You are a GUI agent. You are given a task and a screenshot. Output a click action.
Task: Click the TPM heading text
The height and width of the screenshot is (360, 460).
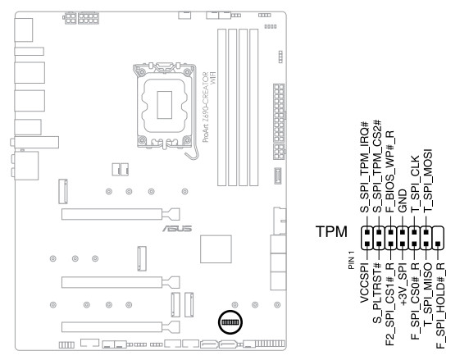coord(331,231)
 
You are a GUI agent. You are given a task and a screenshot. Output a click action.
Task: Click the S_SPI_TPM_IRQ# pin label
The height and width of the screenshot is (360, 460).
coord(364,167)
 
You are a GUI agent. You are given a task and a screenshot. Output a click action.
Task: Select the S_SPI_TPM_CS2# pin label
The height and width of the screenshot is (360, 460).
coord(377,166)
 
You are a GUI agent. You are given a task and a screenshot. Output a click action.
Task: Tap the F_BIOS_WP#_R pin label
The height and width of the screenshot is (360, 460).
coord(389,171)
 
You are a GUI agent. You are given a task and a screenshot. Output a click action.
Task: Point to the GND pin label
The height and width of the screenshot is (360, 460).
coord(403,201)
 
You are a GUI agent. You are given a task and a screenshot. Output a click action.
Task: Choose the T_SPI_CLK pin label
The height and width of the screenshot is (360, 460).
coord(415,185)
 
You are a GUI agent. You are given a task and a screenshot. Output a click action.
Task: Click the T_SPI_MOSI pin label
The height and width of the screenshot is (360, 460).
coord(428,180)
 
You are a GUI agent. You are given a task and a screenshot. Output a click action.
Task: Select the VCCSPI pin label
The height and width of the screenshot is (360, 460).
coord(364,283)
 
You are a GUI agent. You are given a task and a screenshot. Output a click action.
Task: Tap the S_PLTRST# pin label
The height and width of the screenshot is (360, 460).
coord(377,293)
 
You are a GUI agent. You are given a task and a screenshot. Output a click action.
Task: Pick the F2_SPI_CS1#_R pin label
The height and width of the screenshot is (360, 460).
coord(389,304)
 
